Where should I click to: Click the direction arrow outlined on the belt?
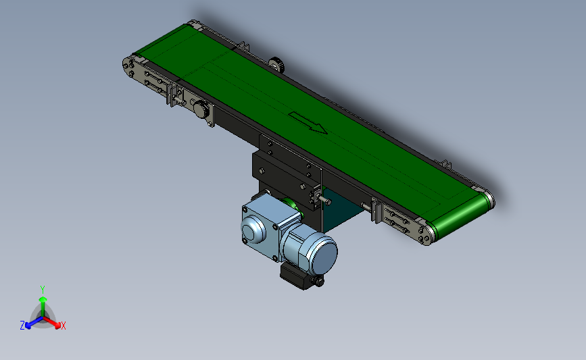[x=308, y=122]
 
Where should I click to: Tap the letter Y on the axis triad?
[x=43, y=290]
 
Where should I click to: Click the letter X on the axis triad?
[x=63, y=326]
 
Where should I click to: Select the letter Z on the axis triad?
[x=22, y=326]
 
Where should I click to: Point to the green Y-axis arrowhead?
[x=43, y=299]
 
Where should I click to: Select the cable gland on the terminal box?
[x=319, y=281]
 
